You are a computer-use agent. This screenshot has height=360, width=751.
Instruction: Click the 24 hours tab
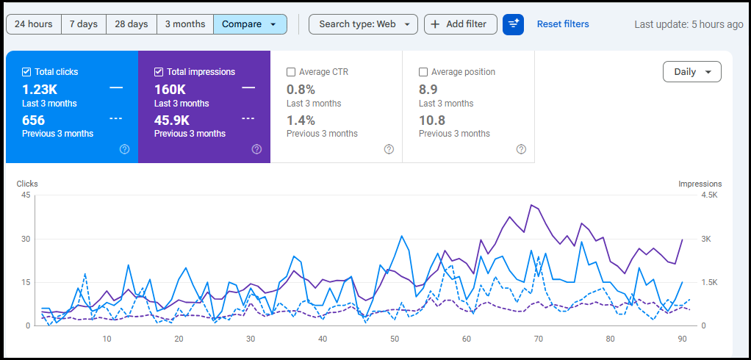pyautogui.click(x=34, y=24)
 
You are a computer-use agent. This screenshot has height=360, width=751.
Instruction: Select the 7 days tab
pyautogui.click(x=84, y=24)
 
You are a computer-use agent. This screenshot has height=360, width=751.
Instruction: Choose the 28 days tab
pyautogui.click(x=132, y=24)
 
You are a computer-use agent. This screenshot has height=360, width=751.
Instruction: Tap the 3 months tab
pyautogui.click(x=185, y=24)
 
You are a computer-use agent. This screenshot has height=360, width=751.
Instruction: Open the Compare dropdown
pyautogui.click(x=250, y=24)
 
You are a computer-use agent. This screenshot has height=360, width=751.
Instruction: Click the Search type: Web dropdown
pyautogui.click(x=363, y=24)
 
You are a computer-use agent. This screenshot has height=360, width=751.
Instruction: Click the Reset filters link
pyautogui.click(x=563, y=24)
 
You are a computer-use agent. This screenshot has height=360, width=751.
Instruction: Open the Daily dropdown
pyautogui.click(x=691, y=72)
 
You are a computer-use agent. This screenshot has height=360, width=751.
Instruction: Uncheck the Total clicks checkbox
pyautogui.click(x=26, y=72)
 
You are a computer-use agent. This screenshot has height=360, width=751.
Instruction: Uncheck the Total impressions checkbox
pyautogui.click(x=159, y=72)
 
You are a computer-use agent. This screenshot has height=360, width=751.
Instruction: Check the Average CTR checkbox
pyautogui.click(x=291, y=72)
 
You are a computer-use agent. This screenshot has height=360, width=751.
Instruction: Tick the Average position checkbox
pyautogui.click(x=423, y=72)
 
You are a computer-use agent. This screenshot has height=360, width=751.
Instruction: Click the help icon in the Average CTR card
pyautogui.click(x=389, y=149)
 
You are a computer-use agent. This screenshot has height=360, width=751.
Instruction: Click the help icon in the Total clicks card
pyautogui.click(x=124, y=149)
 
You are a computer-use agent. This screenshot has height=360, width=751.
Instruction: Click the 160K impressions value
pyautogui.click(x=170, y=89)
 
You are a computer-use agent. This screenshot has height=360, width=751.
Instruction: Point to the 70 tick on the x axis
pyautogui.click(x=538, y=339)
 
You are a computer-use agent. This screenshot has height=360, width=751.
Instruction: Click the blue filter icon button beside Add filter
pyautogui.click(x=513, y=24)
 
